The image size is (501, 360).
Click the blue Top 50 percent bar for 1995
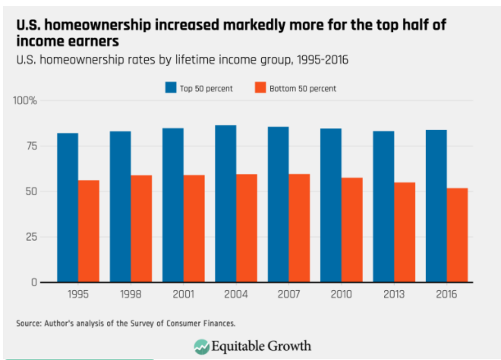click(x=68, y=207)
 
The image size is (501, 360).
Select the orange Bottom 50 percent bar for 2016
click(x=457, y=235)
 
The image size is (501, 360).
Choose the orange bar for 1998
click(x=141, y=229)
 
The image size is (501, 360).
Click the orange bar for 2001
click(x=194, y=229)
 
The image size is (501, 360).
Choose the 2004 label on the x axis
click(x=235, y=292)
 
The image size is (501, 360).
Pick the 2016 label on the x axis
click(x=446, y=292)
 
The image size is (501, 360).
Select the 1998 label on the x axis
click(x=131, y=292)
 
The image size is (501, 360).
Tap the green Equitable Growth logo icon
click(x=202, y=346)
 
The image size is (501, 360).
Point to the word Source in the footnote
click(x=28, y=324)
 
